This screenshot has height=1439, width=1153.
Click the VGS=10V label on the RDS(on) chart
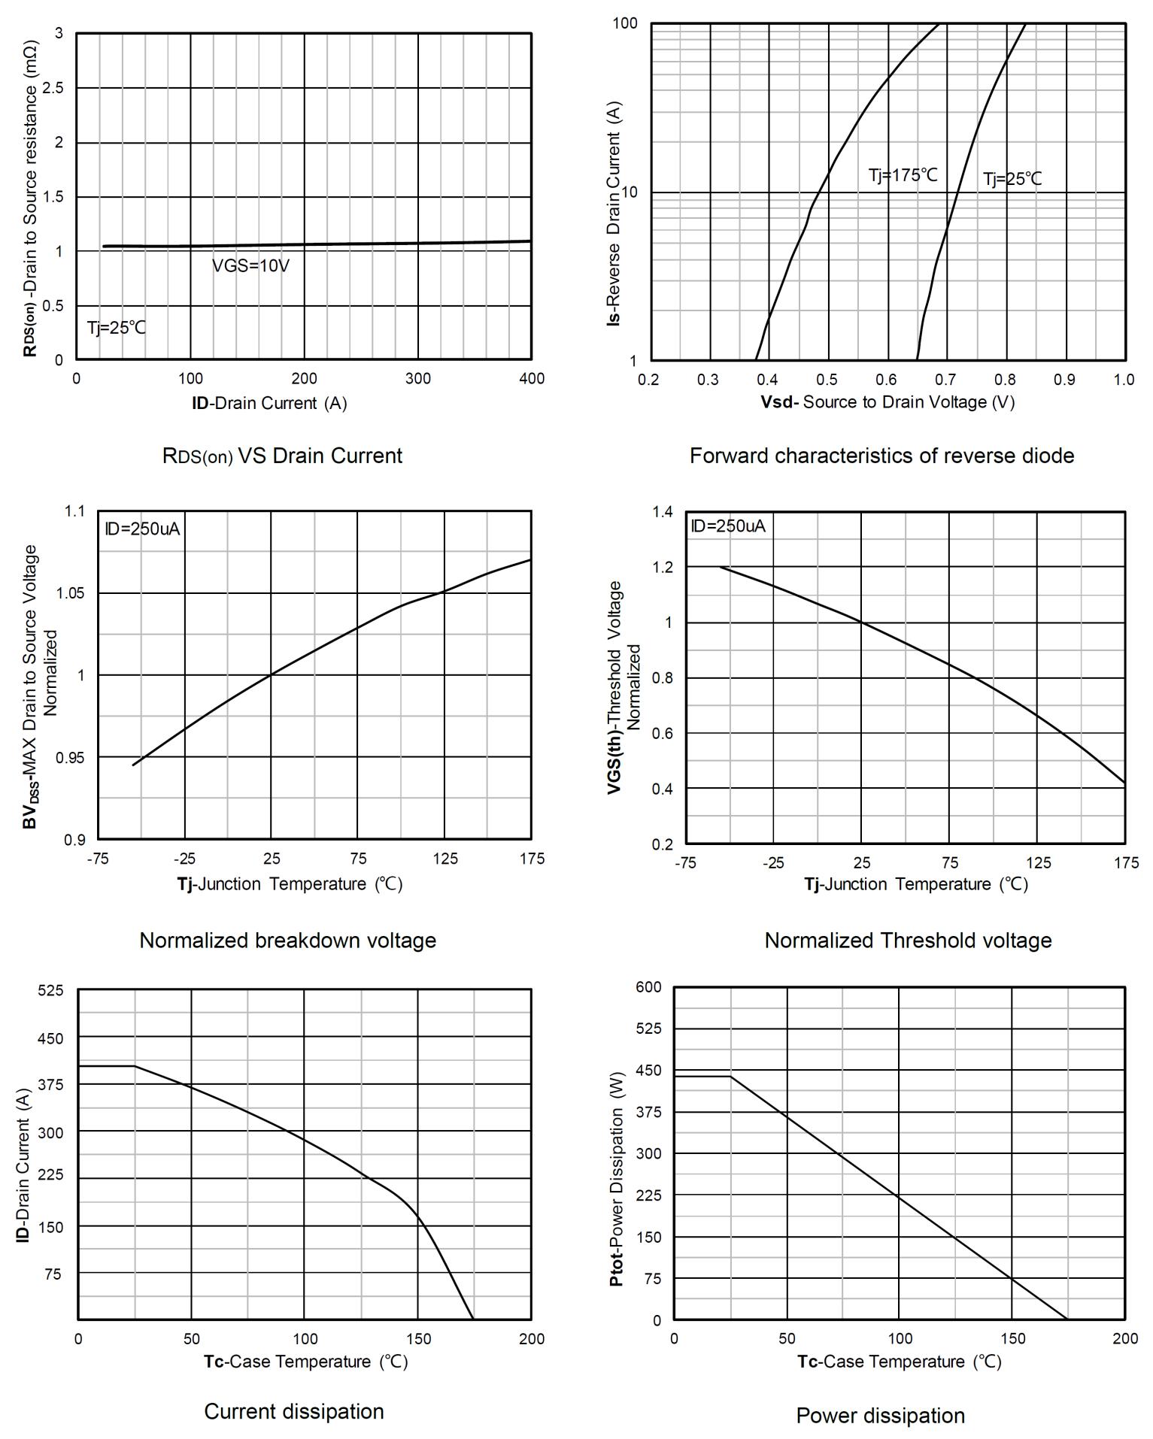[x=250, y=266]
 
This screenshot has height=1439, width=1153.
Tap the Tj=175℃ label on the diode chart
[x=903, y=175]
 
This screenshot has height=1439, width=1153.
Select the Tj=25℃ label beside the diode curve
[x=1012, y=179]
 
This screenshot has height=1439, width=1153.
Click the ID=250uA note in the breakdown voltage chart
[x=142, y=529]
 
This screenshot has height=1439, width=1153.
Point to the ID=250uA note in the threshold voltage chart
[x=728, y=526]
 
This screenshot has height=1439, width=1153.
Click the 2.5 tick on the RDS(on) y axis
[x=54, y=88]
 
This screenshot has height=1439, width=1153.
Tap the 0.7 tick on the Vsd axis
[x=946, y=380]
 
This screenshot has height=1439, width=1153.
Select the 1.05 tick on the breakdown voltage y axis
[x=71, y=593]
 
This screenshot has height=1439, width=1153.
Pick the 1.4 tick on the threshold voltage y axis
[x=663, y=512]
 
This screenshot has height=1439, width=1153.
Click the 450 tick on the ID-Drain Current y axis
[x=51, y=1038]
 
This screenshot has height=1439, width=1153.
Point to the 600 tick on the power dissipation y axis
[x=648, y=987]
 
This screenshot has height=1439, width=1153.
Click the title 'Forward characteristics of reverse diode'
[x=881, y=456]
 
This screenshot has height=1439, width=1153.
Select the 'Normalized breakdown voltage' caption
[x=288, y=941]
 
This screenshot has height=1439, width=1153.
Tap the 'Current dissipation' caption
[x=294, y=1411]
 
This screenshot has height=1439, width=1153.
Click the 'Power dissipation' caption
[x=880, y=1416]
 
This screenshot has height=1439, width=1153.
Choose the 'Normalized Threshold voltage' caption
[x=908, y=941]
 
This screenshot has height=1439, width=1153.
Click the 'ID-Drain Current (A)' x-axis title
[x=269, y=403]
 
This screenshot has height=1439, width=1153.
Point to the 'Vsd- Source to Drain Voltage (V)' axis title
[x=888, y=402]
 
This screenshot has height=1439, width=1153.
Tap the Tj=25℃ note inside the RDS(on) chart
[x=117, y=328]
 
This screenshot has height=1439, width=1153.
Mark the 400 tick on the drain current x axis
[x=532, y=378]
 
